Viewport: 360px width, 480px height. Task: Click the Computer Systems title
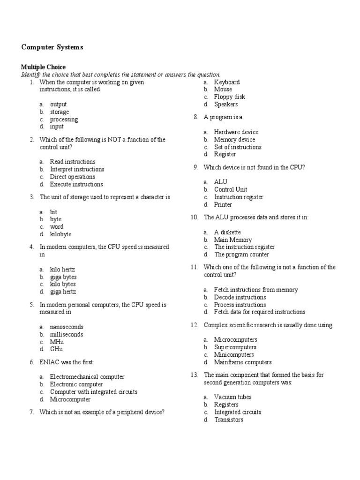pyautogui.click(x=52, y=47)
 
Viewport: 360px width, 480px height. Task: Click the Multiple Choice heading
pyautogui.click(x=43, y=67)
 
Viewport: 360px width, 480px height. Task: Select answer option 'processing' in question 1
pyautogui.click(x=64, y=119)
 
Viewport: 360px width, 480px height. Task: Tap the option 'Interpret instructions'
pyautogui.click(x=77, y=169)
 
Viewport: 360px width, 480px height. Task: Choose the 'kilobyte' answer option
pyautogui.click(x=61, y=234)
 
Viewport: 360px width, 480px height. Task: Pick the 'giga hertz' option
pyautogui.click(x=63, y=292)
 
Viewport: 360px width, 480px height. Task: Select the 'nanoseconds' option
pyautogui.click(x=67, y=327)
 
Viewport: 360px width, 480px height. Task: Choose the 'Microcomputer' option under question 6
pyautogui.click(x=70, y=399)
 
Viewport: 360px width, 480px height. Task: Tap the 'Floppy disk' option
pyautogui.click(x=230, y=97)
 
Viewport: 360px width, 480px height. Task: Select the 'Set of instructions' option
pyautogui.click(x=238, y=147)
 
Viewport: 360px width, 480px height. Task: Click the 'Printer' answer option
pyautogui.click(x=223, y=204)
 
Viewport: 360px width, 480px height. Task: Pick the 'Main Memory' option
pyautogui.click(x=233, y=240)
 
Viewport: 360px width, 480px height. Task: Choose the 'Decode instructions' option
pyautogui.click(x=240, y=297)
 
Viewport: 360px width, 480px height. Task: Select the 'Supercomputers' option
pyautogui.click(x=235, y=347)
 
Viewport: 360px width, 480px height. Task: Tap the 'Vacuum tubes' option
pyautogui.click(x=233, y=397)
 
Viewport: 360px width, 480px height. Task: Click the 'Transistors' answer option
pyautogui.click(x=229, y=420)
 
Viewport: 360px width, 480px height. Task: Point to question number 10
pyautogui.click(x=194, y=217)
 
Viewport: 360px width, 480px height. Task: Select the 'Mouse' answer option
pyautogui.click(x=223, y=90)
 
